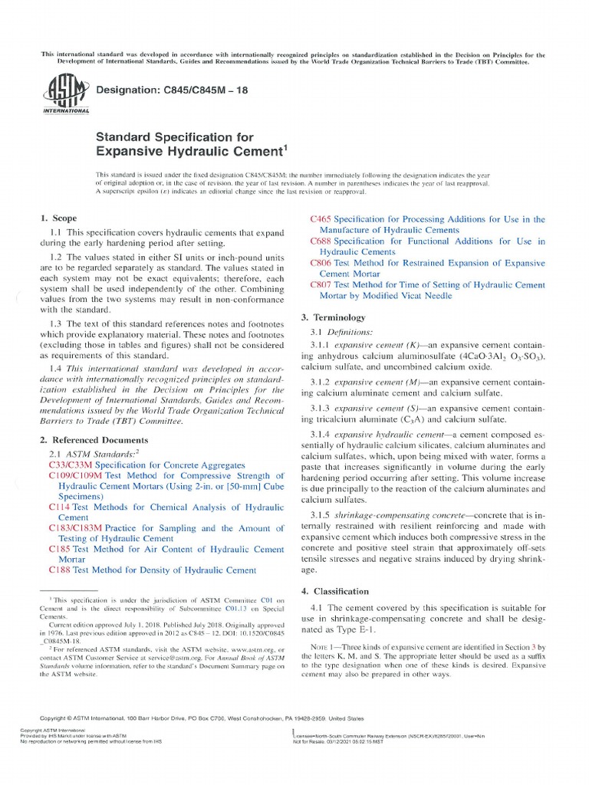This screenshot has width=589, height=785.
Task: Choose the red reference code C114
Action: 59,507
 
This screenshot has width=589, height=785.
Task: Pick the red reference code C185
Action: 59,549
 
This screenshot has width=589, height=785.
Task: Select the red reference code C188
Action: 59,570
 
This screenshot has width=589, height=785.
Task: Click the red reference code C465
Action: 320,219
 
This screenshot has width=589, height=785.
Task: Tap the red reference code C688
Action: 320,241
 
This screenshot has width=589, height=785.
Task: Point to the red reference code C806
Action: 320,261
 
